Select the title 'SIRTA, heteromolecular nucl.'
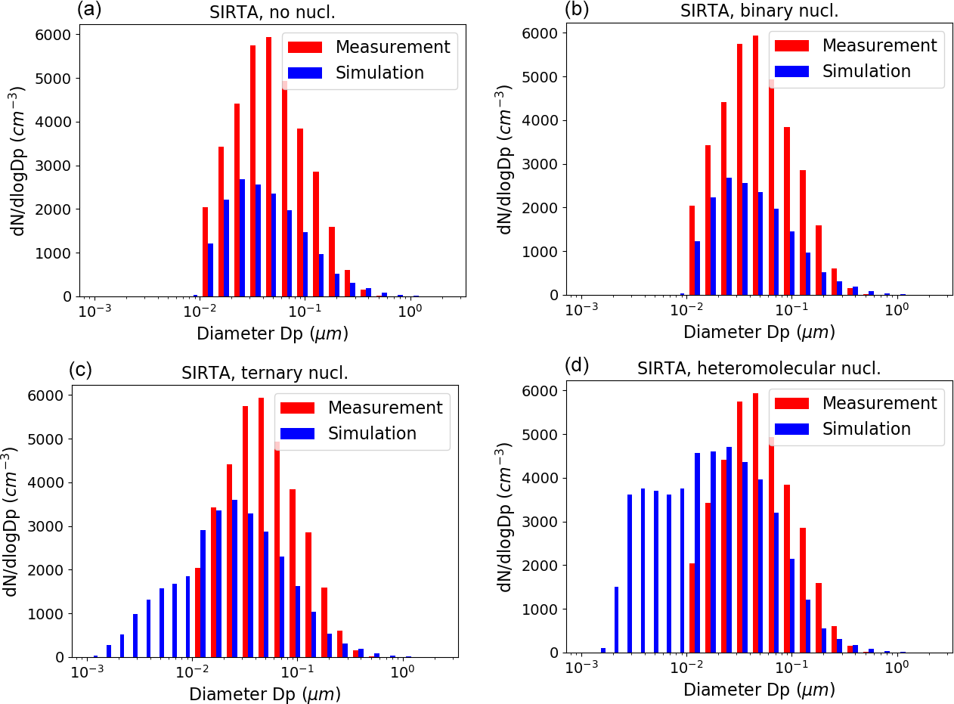(x=759, y=369)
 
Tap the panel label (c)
(x=80, y=369)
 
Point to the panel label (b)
(x=576, y=10)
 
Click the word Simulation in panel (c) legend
(x=372, y=433)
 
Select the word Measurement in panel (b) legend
(x=879, y=45)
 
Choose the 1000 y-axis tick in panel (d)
(x=542, y=609)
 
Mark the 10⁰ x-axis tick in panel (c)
(x=401, y=671)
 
